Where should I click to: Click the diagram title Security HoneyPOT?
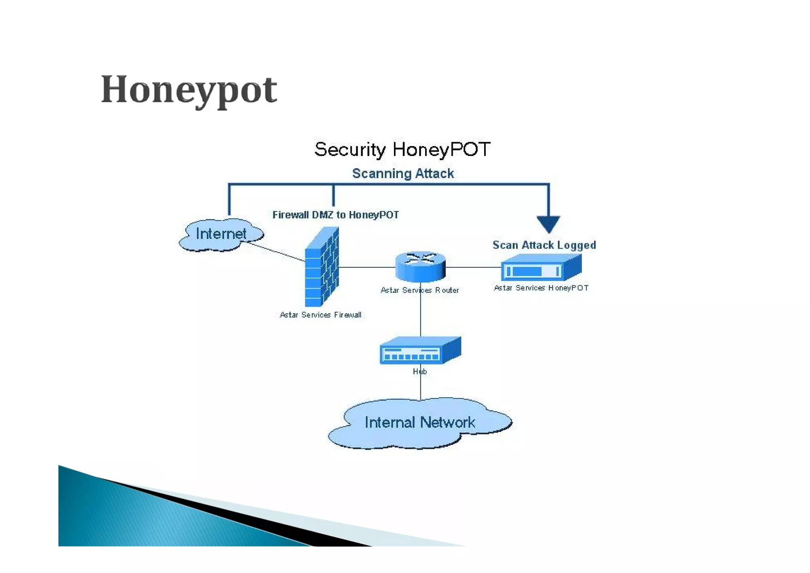[x=402, y=150]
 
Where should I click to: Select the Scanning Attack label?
[x=403, y=173]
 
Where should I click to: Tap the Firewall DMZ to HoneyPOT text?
[x=335, y=215]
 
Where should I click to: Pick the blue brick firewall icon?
[x=322, y=268]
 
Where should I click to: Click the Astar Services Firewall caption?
[x=320, y=315]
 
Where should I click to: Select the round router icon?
[x=420, y=266]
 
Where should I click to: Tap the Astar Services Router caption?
[x=420, y=290]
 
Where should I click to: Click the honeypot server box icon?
[x=541, y=268]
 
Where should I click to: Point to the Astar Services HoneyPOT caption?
[x=541, y=288]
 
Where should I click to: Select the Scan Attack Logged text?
[x=544, y=245]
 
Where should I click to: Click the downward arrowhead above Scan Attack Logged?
[x=548, y=224]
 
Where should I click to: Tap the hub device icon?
[x=420, y=351]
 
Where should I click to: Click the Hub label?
[x=420, y=372]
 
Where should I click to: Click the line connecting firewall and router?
[x=367, y=268]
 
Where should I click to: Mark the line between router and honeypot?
[x=473, y=268]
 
